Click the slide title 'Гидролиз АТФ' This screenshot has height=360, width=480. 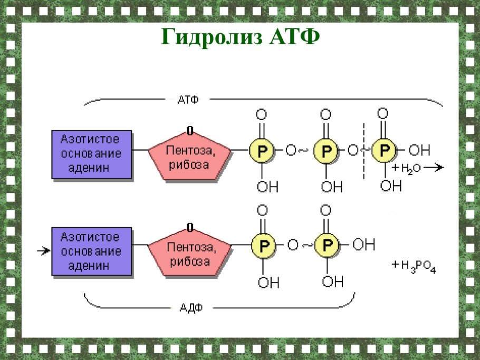pos(240,37)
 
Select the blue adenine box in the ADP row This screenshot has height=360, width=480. pos(91,251)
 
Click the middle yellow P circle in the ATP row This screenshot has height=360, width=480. pos(326,151)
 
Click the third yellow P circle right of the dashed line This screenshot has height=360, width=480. pos(384,150)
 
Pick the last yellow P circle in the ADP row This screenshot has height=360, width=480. pos(327,245)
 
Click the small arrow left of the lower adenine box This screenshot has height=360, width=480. pos(42,251)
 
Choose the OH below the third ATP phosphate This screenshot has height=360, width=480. pos(390,186)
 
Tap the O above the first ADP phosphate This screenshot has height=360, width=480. pos(262,211)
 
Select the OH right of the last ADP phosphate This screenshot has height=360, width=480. pos(363,245)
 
